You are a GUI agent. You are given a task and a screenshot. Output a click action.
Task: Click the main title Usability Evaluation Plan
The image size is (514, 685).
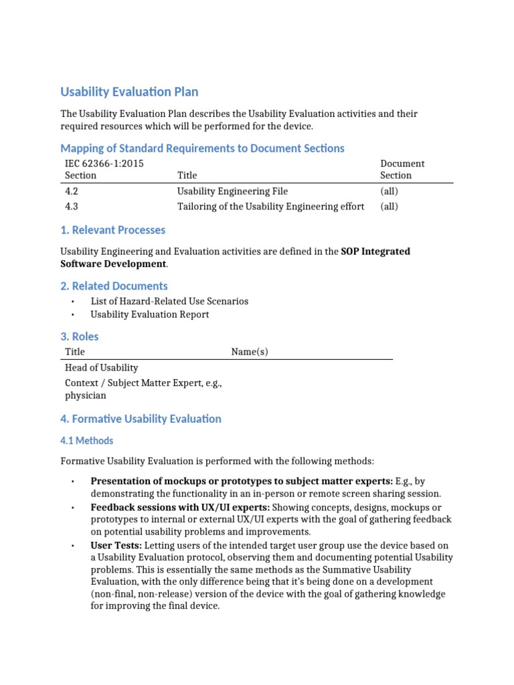click(129, 92)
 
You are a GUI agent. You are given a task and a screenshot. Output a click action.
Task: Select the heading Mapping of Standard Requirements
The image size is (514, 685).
click(202, 148)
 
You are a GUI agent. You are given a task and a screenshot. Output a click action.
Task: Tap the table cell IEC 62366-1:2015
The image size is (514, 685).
click(104, 164)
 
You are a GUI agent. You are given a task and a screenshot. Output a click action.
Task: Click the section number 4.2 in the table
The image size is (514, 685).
click(72, 191)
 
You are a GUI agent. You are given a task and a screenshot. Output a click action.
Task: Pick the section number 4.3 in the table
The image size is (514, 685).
click(72, 207)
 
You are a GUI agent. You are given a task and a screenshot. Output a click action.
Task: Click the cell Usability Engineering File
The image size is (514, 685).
click(232, 191)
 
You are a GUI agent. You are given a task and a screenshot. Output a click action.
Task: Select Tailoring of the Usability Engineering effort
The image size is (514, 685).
click(270, 207)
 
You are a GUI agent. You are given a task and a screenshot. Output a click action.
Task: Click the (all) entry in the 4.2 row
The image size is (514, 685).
click(389, 191)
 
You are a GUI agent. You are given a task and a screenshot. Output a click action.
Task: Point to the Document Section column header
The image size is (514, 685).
click(402, 169)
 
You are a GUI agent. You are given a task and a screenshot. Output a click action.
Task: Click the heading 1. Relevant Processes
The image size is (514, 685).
click(112, 230)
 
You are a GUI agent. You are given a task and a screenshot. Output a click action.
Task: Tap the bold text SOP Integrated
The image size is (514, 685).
click(375, 252)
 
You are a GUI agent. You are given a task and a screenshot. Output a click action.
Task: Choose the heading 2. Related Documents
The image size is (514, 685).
click(114, 286)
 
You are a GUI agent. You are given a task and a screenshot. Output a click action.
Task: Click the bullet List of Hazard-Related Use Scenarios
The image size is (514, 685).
click(169, 301)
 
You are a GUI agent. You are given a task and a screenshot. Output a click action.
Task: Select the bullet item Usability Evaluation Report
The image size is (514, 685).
click(150, 314)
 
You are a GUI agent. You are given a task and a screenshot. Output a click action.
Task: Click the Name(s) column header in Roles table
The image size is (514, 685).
click(250, 352)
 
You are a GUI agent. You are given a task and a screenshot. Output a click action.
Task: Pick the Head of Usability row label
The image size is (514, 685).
click(101, 367)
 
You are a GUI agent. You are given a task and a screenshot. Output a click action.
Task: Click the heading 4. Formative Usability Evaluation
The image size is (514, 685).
click(141, 419)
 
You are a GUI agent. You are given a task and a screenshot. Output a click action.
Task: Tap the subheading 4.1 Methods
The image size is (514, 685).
click(87, 441)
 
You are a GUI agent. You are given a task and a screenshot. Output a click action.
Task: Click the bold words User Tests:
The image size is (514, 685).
click(116, 546)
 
